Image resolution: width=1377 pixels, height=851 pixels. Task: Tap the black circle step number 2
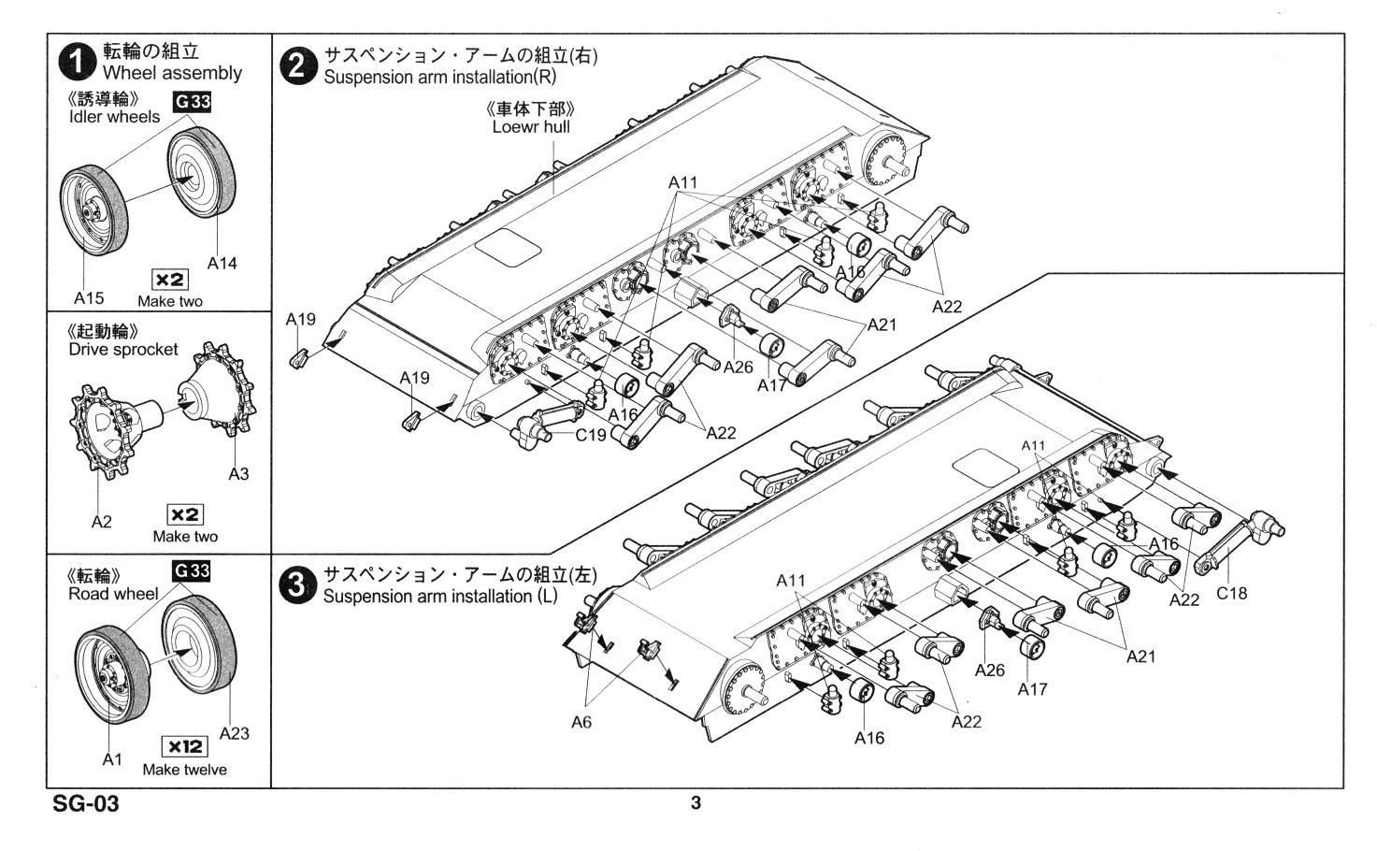[x=298, y=66]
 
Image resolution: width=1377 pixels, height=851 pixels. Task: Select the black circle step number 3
[x=296, y=585]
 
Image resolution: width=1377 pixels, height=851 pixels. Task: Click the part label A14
[x=222, y=264]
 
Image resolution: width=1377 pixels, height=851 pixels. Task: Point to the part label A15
[x=89, y=298]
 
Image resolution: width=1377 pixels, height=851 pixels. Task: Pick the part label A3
[x=238, y=473]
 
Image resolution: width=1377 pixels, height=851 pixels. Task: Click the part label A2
[x=101, y=522]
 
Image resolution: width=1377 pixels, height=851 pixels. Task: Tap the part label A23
[x=234, y=733]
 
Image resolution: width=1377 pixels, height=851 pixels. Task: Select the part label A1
[x=112, y=759]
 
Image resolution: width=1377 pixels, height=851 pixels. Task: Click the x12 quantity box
[x=184, y=746]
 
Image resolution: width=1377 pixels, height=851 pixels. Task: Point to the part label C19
[x=591, y=435]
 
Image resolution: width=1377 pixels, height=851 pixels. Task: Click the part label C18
[x=1231, y=593]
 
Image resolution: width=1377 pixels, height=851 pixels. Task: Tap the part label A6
[x=581, y=722]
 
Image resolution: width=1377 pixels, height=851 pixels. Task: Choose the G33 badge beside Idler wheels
[x=192, y=101]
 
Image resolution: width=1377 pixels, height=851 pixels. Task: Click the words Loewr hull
[x=530, y=126]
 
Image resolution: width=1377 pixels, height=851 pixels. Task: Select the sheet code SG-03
[x=86, y=804]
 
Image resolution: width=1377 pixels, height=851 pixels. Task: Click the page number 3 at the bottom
[x=695, y=803]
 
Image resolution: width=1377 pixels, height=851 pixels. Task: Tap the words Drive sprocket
[x=122, y=349]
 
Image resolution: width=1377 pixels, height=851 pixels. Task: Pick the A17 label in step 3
[x=1032, y=689]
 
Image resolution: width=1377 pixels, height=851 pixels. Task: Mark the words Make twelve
[x=184, y=770]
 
